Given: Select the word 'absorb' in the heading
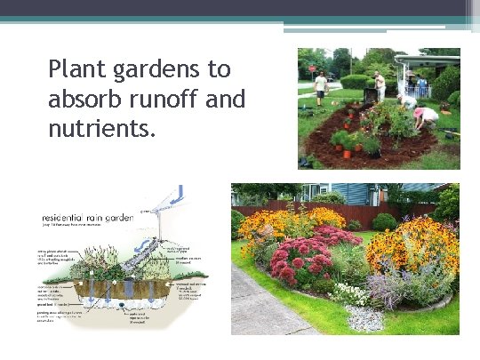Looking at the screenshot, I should [x=86, y=99].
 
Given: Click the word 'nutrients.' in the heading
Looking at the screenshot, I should [x=101, y=129].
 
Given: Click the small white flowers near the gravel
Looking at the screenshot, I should [x=350, y=294].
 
